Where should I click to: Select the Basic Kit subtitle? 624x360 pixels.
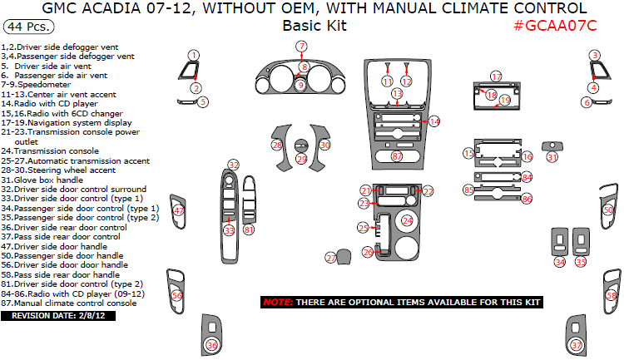314,25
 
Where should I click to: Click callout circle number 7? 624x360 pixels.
301,46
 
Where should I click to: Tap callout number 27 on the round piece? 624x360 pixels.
331,259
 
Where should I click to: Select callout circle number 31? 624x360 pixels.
552,156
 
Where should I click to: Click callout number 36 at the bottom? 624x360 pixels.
212,345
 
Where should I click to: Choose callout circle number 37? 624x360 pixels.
576,345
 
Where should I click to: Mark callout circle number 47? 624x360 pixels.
179,211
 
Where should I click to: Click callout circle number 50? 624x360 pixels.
608,211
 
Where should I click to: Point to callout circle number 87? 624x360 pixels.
397,156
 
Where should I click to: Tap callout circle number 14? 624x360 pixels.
433,121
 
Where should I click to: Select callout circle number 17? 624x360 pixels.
495,76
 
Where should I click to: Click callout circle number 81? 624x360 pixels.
248,229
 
